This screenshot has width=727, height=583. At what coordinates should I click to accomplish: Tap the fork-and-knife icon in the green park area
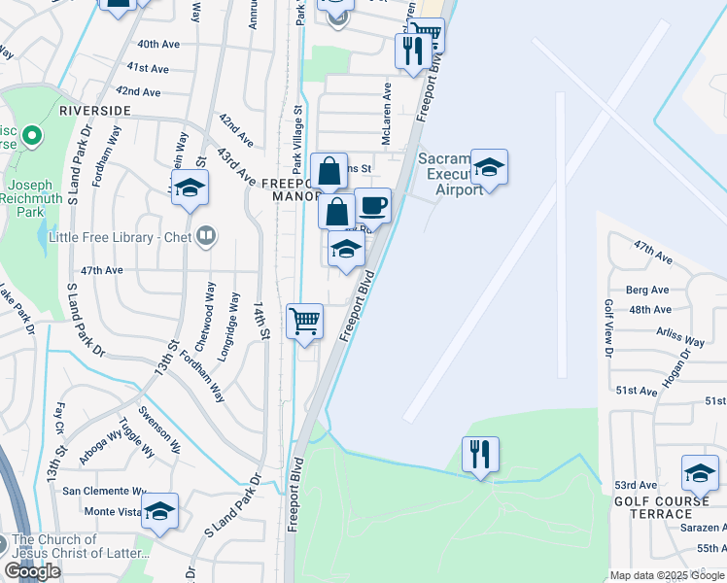(480, 454)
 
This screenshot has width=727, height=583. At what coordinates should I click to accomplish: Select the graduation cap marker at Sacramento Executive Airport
(489, 168)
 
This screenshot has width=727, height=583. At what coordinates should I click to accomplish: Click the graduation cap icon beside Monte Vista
(160, 511)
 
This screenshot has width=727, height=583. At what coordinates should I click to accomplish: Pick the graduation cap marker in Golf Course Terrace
(700, 473)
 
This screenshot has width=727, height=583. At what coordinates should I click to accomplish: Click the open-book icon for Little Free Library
(205, 234)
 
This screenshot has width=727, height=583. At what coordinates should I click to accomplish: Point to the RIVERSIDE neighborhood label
(94, 111)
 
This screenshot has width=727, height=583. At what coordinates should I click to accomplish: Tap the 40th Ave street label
(158, 45)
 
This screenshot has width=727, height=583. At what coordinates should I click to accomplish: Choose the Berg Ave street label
(647, 290)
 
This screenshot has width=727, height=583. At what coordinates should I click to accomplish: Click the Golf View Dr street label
(609, 326)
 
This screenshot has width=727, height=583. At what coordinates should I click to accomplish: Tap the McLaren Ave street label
(387, 113)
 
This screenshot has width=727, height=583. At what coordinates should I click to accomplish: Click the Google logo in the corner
(33, 571)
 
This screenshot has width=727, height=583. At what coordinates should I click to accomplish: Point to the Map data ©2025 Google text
(667, 576)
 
